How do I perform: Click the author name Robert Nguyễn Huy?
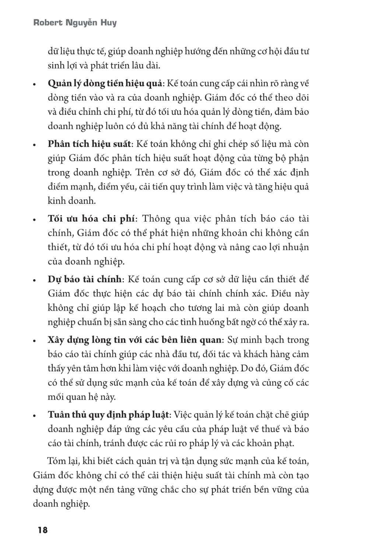(x=75, y=23)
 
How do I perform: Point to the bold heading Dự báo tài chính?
(x=85, y=279)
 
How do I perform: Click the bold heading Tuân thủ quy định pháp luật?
(x=108, y=415)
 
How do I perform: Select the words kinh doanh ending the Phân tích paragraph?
(x=66, y=201)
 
